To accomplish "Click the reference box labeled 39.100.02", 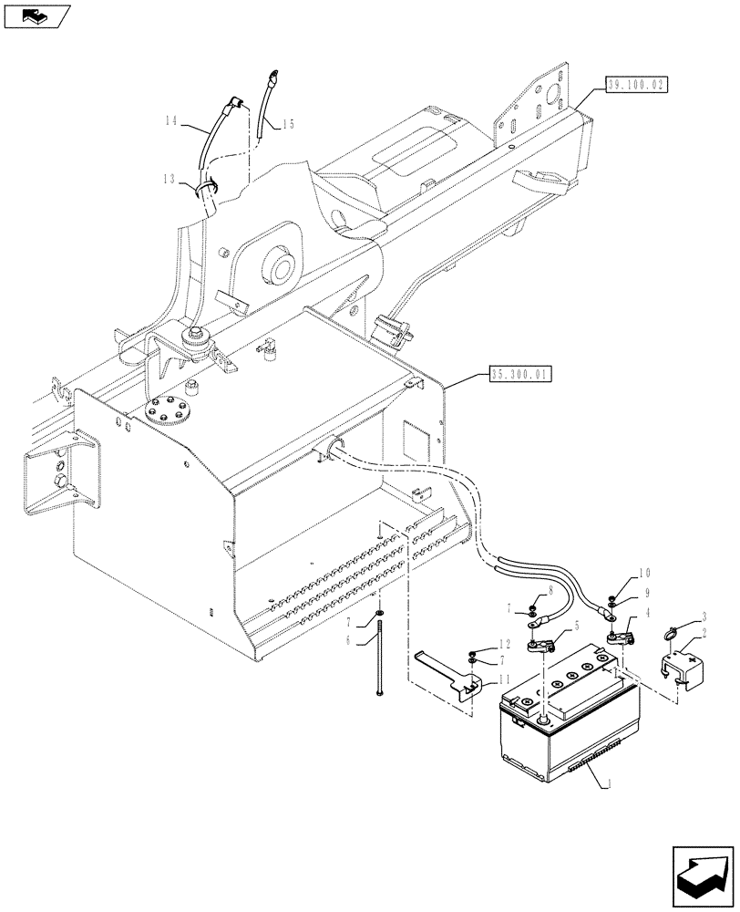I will [x=635, y=84].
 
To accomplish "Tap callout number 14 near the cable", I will [x=172, y=120].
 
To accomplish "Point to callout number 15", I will [x=288, y=124].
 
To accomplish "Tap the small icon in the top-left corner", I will [x=37, y=16].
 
